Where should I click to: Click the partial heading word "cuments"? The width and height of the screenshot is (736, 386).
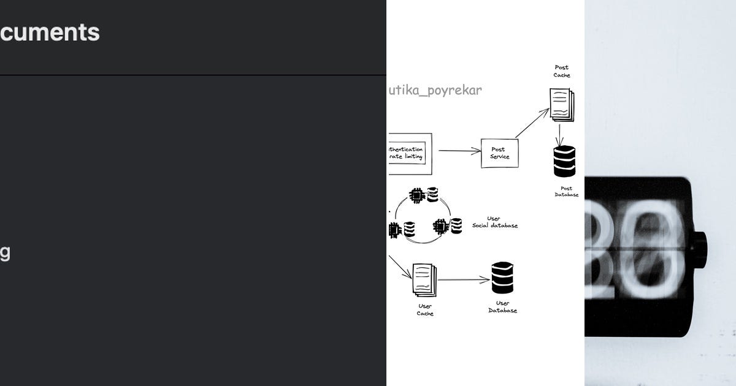tap(50, 32)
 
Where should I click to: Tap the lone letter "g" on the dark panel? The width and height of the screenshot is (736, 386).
tap(4, 253)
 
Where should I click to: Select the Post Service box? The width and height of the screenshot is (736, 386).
tap(499, 153)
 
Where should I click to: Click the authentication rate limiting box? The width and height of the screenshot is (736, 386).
tap(409, 153)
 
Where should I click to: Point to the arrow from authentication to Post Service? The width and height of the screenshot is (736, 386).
tap(459, 150)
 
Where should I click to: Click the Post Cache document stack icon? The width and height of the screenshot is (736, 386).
tap(561, 104)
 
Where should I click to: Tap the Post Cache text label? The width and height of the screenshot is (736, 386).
tap(562, 71)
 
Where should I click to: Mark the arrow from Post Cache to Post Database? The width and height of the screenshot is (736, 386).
tap(560, 134)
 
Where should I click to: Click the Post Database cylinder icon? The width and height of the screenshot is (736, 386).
tap(564, 161)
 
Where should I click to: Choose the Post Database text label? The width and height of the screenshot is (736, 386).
tap(565, 192)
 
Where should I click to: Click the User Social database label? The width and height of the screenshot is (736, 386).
tap(494, 222)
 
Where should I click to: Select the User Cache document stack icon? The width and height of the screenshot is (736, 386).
tap(424, 279)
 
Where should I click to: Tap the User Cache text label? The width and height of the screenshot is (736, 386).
tap(425, 310)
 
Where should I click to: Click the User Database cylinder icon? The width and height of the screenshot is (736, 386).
tap(502, 278)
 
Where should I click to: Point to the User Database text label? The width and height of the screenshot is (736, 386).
tap(502, 307)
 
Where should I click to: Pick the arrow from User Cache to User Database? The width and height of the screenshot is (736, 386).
tap(463, 280)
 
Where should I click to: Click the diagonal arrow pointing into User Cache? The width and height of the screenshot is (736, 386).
tap(400, 267)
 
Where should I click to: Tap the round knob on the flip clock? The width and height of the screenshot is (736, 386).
tap(700, 248)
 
